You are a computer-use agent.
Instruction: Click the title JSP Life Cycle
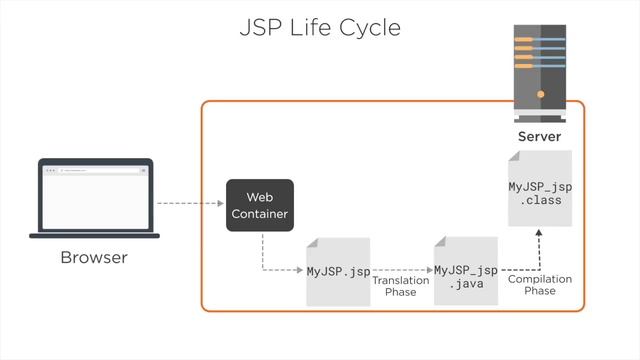pos(320,27)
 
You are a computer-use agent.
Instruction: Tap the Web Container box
pos(260,205)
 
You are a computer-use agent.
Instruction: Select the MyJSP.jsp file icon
pos(338,271)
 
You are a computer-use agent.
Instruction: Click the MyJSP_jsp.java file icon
pos(466,271)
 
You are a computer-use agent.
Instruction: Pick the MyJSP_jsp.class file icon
pos(540,189)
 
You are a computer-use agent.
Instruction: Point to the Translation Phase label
pos(401,286)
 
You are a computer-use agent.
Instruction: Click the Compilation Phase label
pos(540,285)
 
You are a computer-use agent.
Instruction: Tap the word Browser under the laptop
pos(94,258)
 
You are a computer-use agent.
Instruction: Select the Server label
pos(539,136)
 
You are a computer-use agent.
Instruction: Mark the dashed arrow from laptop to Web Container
pos(190,204)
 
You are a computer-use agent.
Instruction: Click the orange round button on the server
pos(540,94)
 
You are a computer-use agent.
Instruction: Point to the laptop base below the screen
pos(94,236)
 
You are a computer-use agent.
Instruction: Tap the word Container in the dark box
pos(260,214)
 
